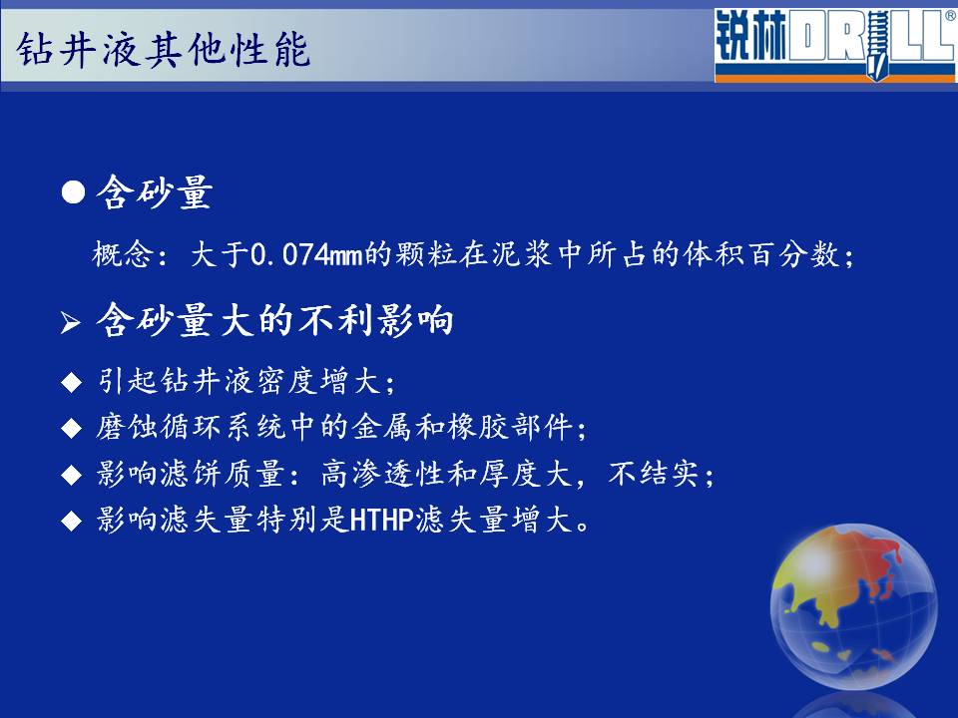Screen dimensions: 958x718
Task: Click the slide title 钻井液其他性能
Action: coord(163,49)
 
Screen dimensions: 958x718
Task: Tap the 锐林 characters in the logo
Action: coord(751,37)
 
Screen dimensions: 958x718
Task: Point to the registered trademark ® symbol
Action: coord(950,17)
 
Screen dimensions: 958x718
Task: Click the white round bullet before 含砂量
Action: coord(73,192)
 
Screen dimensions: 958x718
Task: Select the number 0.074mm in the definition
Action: coord(307,254)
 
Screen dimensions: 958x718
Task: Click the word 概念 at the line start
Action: coord(123,254)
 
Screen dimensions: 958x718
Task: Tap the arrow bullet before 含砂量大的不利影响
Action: coord(71,322)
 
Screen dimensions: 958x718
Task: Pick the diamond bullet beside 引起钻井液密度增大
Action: coord(72,383)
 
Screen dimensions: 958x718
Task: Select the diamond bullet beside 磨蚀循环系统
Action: coord(72,428)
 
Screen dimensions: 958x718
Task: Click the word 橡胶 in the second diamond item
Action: coord(478,426)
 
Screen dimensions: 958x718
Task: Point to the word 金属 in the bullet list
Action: coord(382,426)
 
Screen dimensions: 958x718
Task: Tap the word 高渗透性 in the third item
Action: coord(383,473)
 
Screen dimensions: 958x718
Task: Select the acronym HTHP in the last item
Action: coord(382,521)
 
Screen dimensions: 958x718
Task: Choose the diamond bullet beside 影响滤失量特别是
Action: coord(72,522)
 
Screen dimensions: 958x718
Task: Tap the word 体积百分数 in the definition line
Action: coord(762,254)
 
